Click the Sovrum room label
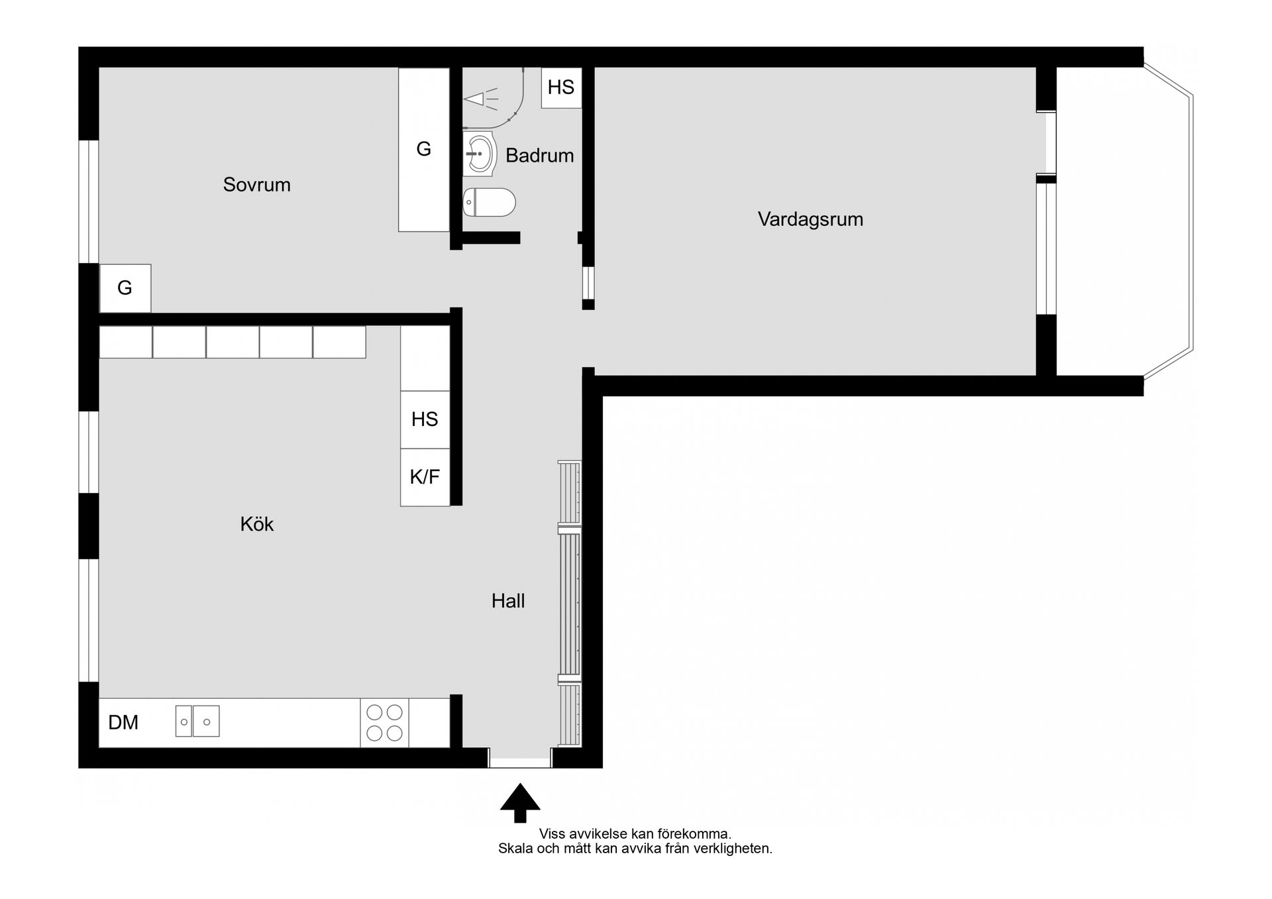(257, 184)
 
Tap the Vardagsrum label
(810, 219)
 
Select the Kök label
(257, 524)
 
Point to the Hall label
(508, 601)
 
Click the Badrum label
(539, 156)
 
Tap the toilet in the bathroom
(489, 202)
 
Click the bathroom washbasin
(479, 154)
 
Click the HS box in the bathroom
(561, 87)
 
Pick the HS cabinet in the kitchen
(425, 419)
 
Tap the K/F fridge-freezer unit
(425, 477)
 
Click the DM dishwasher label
(123, 722)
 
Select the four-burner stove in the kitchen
(384, 723)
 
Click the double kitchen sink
(197, 721)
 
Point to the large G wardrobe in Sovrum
(424, 150)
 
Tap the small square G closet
(125, 288)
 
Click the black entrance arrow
(520, 802)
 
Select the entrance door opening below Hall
(520, 759)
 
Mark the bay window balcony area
(1123, 222)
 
